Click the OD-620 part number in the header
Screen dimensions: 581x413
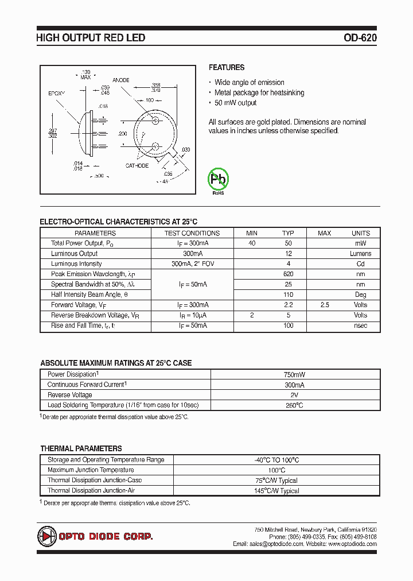coord(360,38)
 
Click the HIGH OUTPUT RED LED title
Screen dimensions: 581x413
coord(91,38)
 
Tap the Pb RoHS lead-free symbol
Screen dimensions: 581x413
coord(218,180)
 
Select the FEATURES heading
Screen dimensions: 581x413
coord(227,68)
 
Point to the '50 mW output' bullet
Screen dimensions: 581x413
coord(235,103)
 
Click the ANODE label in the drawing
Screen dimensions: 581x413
coord(121,80)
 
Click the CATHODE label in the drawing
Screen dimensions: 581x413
coord(137,165)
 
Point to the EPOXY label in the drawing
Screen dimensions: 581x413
coord(56,92)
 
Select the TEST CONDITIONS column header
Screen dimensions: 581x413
coord(192,233)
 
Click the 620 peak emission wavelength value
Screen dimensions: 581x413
coord(288,274)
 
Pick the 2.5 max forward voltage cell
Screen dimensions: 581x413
coord(325,305)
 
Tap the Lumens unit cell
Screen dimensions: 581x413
coord(360,253)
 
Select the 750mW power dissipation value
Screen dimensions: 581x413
coord(295,374)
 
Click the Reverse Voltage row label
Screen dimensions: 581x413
coord(69,394)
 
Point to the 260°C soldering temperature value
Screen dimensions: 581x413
coord(295,405)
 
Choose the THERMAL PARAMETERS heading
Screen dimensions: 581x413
coord(81,448)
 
